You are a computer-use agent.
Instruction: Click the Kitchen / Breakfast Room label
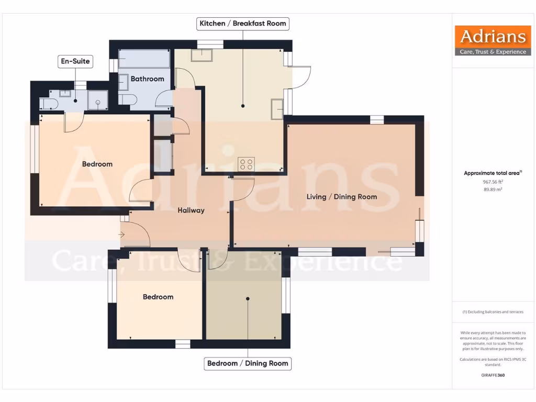(243, 24)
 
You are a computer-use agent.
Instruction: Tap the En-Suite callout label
(75, 61)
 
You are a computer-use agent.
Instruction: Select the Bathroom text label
(147, 79)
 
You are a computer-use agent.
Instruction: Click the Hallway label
(191, 210)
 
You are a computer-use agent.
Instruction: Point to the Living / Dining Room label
(341, 197)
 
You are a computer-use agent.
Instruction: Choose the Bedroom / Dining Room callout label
(248, 363)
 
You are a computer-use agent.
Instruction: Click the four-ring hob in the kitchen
(246, 164)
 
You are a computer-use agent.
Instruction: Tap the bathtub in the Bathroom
(144, 59)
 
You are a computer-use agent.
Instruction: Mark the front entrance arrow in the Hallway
(122, 234)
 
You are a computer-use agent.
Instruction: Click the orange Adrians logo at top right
(492, 40)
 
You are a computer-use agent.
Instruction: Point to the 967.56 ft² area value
(492, 182)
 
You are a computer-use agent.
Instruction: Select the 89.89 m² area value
(492, 189)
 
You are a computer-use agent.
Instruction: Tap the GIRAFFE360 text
(492, 375)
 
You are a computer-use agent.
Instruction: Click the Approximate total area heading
(492, 173)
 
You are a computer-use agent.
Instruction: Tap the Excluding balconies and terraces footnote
(492, 312)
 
